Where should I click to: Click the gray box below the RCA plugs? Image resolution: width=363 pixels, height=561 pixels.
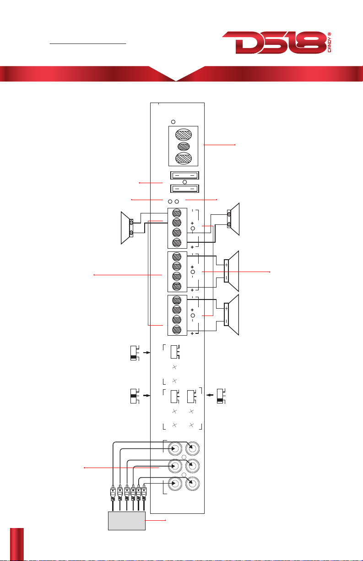[x=126, y=521]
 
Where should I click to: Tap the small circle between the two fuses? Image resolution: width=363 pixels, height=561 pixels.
[x=184, y=182]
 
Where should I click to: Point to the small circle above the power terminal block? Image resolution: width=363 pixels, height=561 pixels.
[x=173, y=121]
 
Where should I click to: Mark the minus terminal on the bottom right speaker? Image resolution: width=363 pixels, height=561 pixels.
[x=227, y=322]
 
